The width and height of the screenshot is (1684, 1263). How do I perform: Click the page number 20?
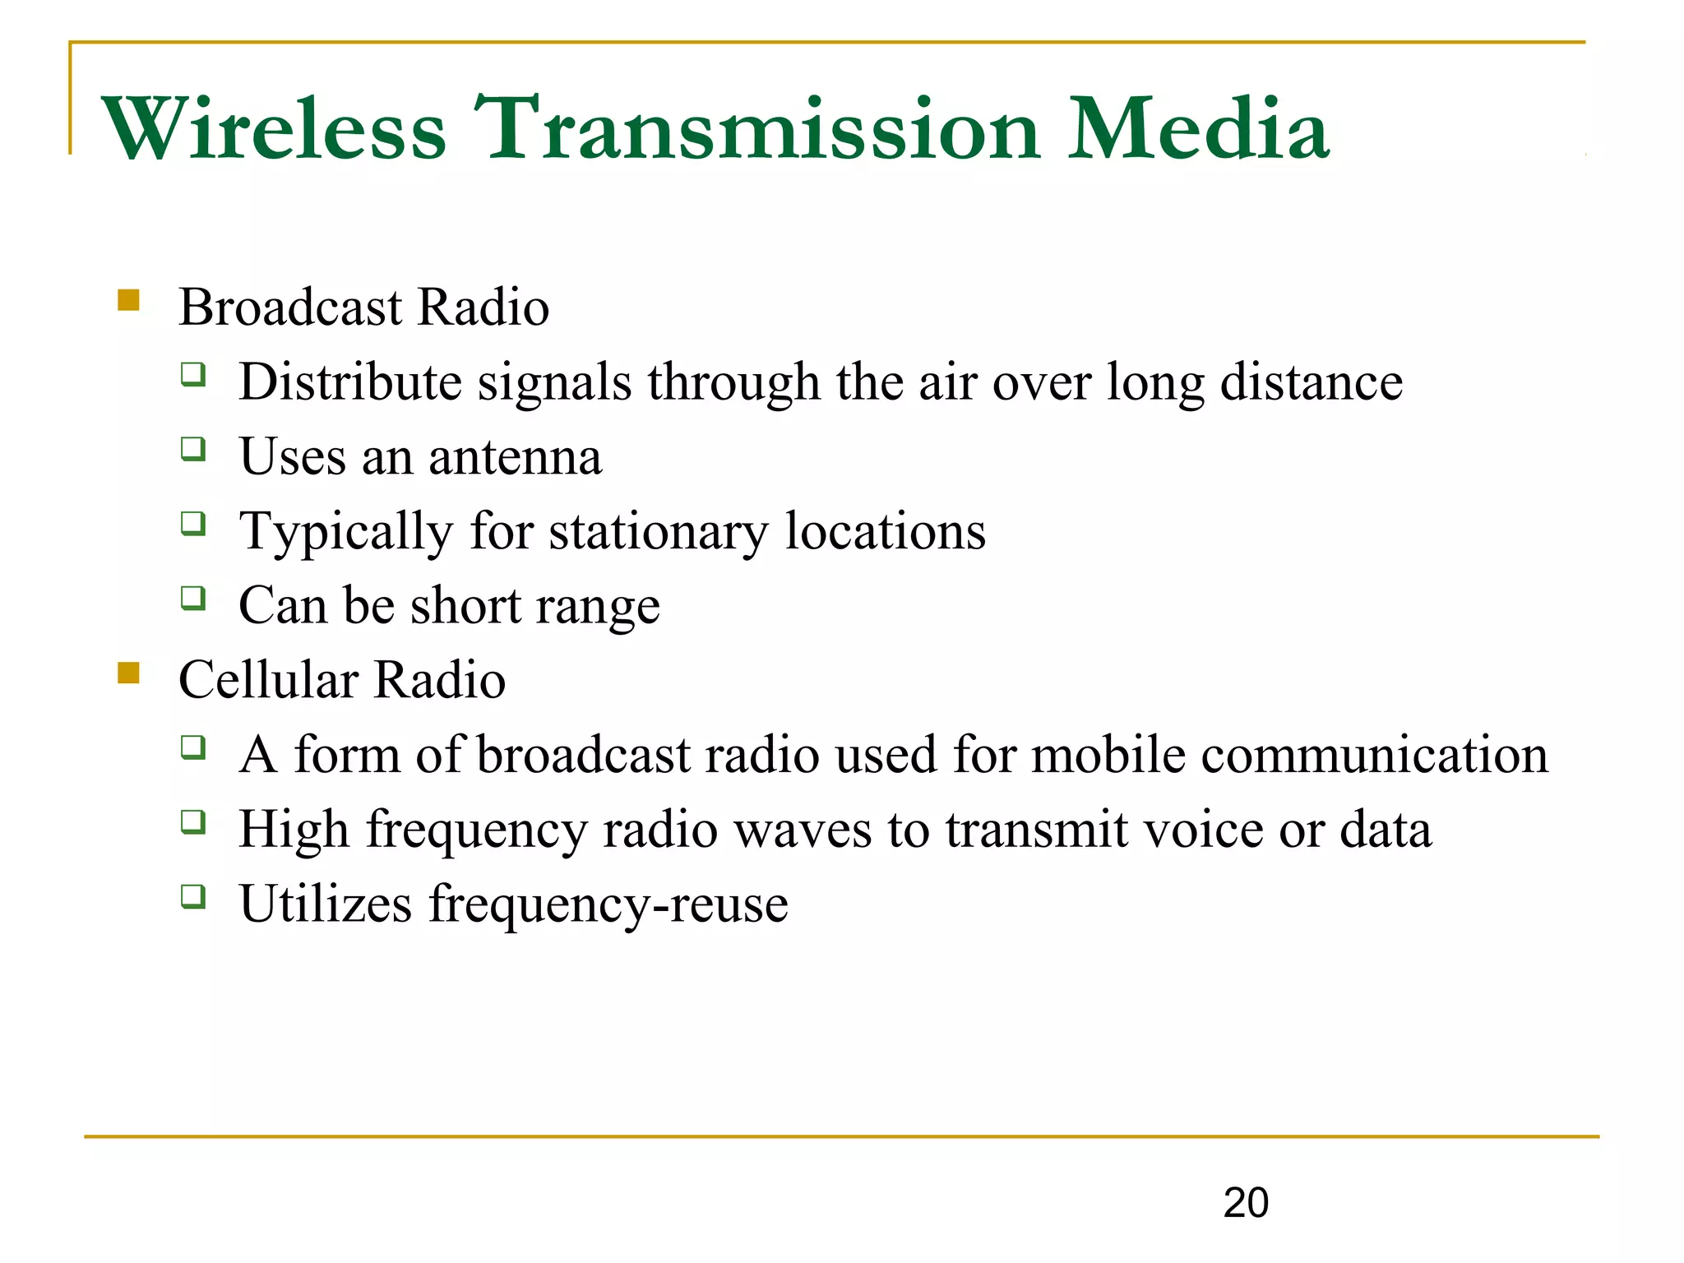pyautogui.click(x=1246, y=1203)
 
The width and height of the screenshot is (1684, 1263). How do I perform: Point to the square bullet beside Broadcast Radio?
pyautogui.click(x=128, y=299)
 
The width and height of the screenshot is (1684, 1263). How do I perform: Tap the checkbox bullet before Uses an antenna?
pyautogui.click(x=193, y=449)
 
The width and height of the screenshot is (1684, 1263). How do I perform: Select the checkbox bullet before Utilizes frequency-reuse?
pyautogui.click(x=193, y=895)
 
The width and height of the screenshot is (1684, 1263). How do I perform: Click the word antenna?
pyautogui.click(x=515, y=457)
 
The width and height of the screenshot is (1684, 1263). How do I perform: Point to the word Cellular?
pyautogui.click(x=269, y=681)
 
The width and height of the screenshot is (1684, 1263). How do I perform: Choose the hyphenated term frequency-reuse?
pyautogui.click(x=608, y=904)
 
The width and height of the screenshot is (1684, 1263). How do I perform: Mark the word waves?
pyautogui.click(x=802, y=830)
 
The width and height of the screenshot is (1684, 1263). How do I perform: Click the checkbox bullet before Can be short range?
pyautogui.click(x=193, y=598)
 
